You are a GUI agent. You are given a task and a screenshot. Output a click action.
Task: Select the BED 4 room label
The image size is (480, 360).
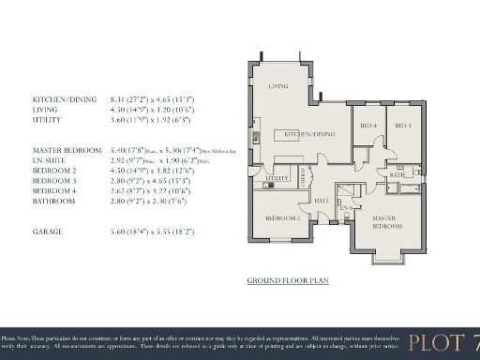[368, 126]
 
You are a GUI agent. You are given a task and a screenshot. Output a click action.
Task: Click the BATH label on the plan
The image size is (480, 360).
[397, 174]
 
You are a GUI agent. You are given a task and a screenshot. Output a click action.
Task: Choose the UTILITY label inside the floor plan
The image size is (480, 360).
[277, 177]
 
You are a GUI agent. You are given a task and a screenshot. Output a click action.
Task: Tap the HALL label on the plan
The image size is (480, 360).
[321, 200]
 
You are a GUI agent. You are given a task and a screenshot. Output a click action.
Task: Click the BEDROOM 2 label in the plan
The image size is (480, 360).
[282, 217]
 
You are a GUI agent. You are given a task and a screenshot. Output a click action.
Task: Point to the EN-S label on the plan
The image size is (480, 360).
[344, 207]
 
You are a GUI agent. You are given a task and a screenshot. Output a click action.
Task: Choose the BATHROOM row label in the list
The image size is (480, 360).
[54, 201]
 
